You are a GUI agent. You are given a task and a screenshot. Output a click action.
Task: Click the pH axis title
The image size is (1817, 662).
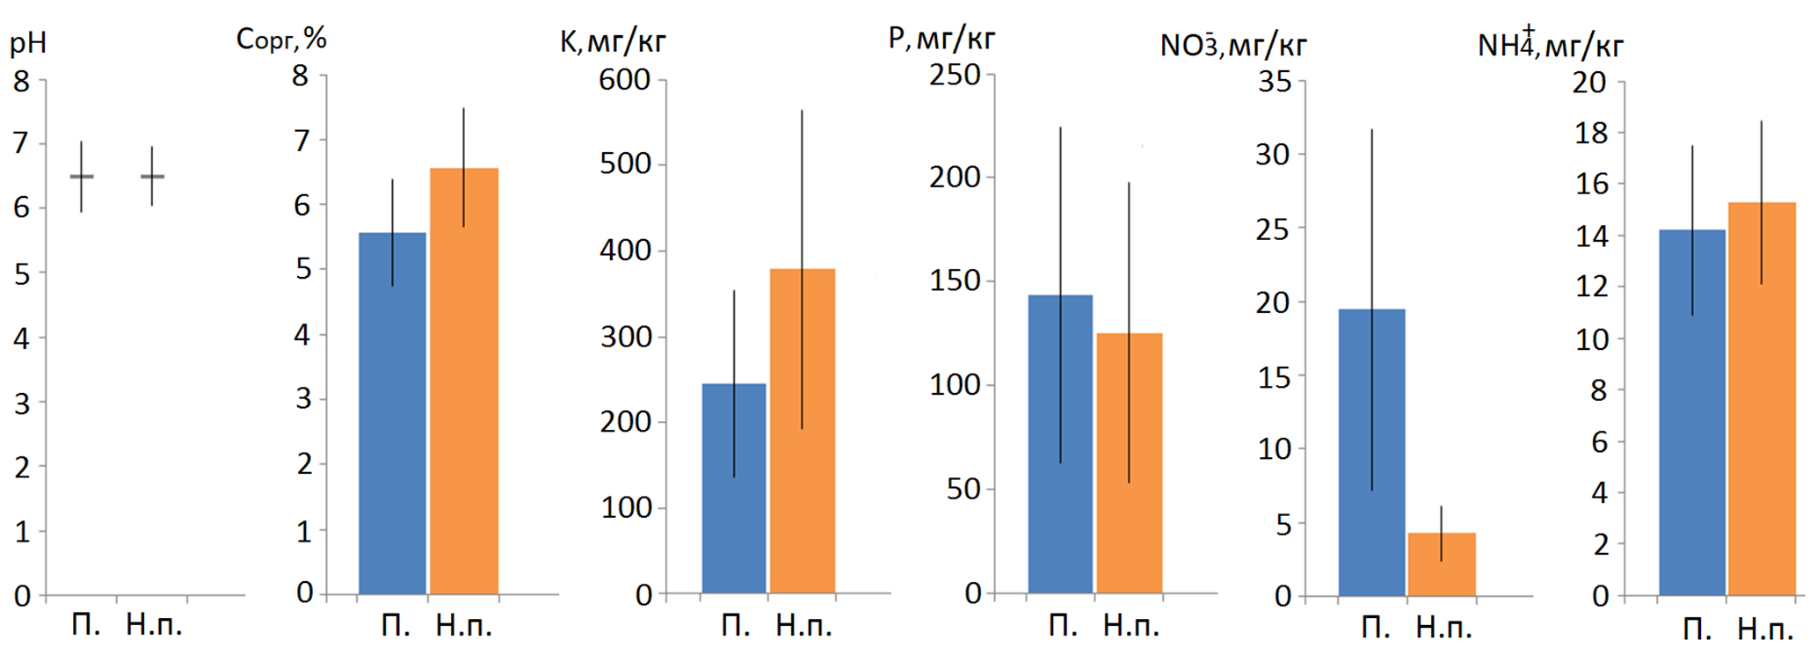click(28, 43)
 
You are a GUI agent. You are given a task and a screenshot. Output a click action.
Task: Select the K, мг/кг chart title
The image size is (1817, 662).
click(613, 41)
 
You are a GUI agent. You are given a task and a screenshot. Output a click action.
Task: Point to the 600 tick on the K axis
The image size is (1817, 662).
click(625, 80)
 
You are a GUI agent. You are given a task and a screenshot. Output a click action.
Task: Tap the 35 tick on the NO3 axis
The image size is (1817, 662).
click(1275, 82)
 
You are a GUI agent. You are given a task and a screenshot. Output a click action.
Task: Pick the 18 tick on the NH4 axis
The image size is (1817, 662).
click(1590, 133)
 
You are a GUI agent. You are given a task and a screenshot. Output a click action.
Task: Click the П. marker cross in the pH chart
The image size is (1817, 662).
click(82, 177)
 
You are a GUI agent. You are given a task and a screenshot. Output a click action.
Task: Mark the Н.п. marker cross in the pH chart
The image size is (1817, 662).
click(152, 177)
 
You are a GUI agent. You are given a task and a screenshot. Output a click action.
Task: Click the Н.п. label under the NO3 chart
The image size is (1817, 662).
click(1443, 627)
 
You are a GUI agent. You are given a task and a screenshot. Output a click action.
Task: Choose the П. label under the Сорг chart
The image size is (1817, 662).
click(396, 625)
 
